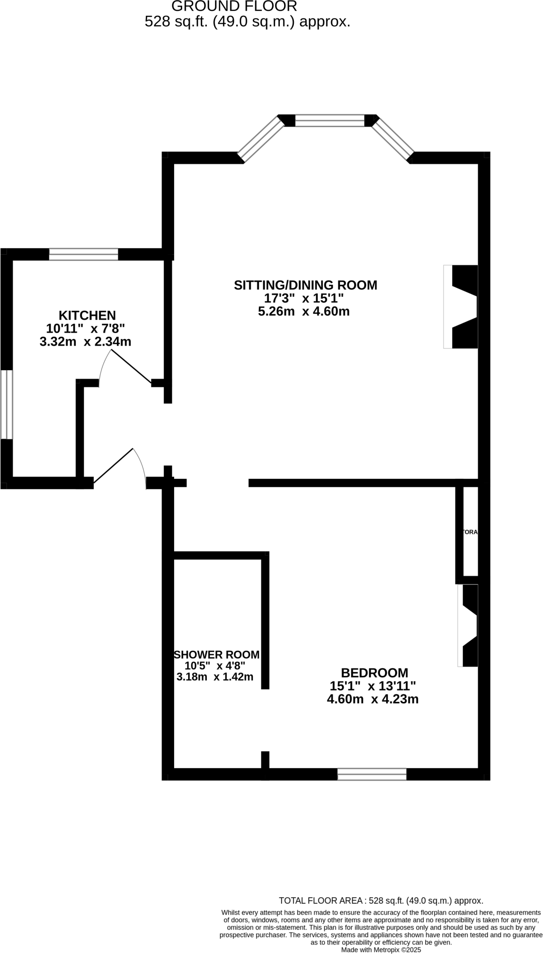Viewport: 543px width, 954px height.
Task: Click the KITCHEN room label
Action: click(87, 315)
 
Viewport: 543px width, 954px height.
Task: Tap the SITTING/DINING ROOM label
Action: click(305, 285)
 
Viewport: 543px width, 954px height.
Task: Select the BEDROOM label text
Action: click(374, 673)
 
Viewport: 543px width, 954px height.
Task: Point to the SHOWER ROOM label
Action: click(217, 654)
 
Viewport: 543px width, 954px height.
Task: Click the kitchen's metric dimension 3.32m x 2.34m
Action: click(86, 342)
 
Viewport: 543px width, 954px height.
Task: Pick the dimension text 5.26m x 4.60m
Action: click(304, 311)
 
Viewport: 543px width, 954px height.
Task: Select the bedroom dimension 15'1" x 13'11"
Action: click(373, 686)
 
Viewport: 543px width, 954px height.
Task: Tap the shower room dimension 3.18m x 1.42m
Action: click(215, 677)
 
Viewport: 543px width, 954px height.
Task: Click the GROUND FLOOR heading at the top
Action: click(234, 7)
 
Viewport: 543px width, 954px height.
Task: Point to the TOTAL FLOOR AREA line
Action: click(380, 901)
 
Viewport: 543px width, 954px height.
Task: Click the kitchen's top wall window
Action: click(83, 254)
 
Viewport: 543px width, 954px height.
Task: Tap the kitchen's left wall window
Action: click(7, 404)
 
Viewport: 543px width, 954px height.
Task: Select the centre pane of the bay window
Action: click(330, 121)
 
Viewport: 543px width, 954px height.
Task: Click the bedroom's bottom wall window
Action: click(372, 774)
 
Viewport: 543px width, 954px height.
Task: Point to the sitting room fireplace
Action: click(461, 307)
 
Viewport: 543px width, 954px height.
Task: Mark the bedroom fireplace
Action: click(468, 625)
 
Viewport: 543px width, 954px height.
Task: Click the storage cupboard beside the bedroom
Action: click(470, 532)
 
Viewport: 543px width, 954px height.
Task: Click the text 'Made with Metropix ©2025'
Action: click(381, 949)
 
